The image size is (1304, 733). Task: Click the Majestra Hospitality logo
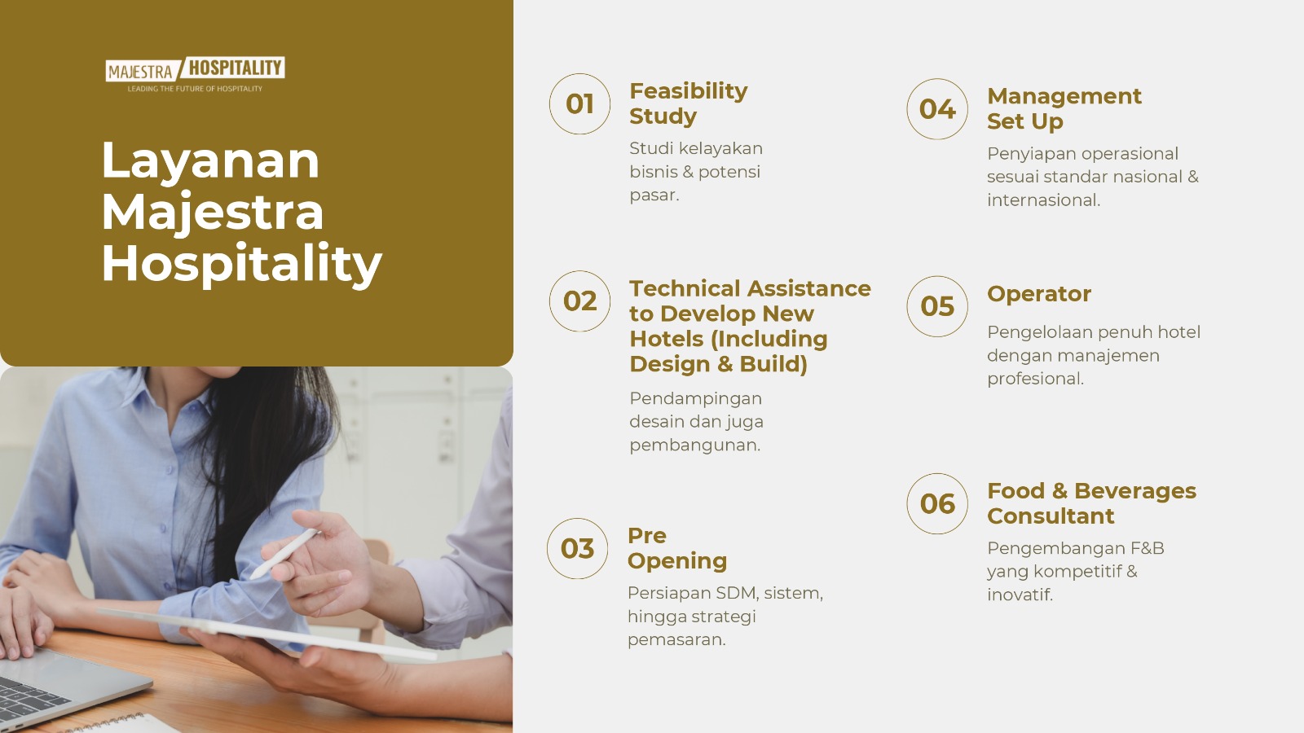point(195,74)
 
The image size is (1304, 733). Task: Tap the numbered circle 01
point(579,104)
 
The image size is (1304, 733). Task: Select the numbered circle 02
point(579,301)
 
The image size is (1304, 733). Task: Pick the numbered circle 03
point(578,549)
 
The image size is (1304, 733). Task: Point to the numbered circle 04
point(937,109)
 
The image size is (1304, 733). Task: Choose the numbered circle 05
point(937,306)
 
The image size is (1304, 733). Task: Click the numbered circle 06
point(937,504)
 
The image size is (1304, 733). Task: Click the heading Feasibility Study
point(688,103)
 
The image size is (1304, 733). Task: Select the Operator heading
point(1039,294)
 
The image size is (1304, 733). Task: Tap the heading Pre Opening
point(677,549)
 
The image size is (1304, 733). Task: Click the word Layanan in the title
point(210,161)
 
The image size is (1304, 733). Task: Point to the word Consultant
point(1051,516)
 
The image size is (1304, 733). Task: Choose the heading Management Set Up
point(1064,109)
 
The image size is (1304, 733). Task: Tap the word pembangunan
point(695,446)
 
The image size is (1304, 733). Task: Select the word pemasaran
point(676,640)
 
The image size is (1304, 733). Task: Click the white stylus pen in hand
point(284,554)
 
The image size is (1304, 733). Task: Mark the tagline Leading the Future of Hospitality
point(195,89)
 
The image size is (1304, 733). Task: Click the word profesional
point(1035,380)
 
